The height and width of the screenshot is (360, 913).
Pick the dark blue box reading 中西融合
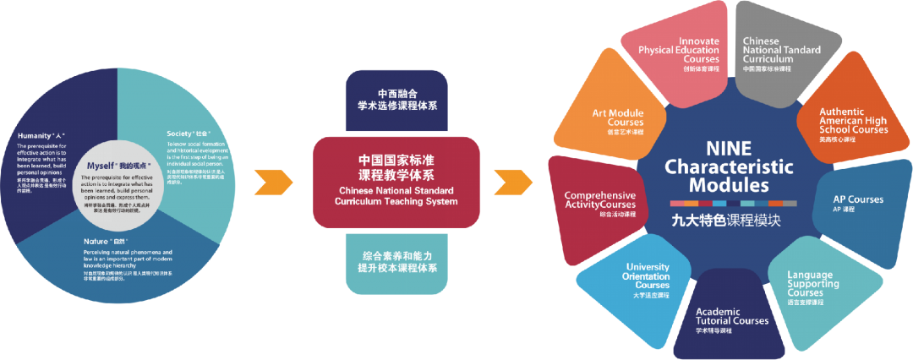[x=396, y=100]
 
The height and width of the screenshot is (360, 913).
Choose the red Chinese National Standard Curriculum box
[x=396, y=180]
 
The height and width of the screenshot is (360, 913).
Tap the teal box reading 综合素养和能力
[x=396, y=261]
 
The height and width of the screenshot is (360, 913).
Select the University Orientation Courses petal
[x=648, y=278]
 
